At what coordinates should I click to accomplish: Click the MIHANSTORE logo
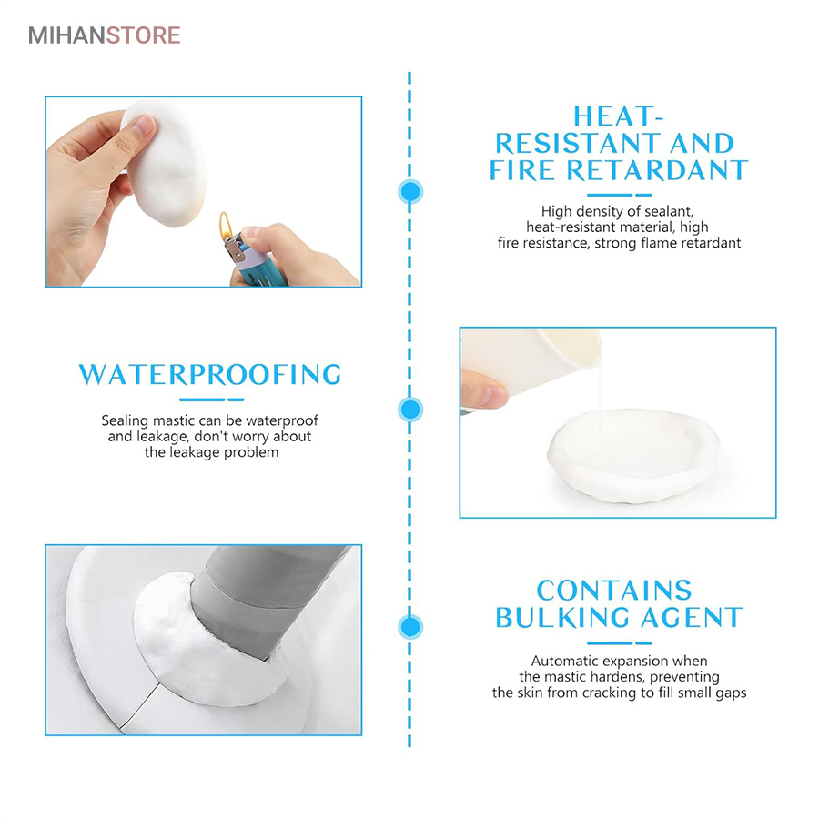104,35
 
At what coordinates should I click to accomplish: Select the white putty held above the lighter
163,164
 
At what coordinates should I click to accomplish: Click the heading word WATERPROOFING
210,375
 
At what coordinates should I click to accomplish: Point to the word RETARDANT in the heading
657,170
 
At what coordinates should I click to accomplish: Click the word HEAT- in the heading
618,116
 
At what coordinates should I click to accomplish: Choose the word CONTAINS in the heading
614,591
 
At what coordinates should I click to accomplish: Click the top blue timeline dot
410,192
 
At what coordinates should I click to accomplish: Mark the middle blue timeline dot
410,409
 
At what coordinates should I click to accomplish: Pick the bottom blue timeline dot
410,627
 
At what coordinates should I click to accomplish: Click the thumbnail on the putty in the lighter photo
144,126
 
